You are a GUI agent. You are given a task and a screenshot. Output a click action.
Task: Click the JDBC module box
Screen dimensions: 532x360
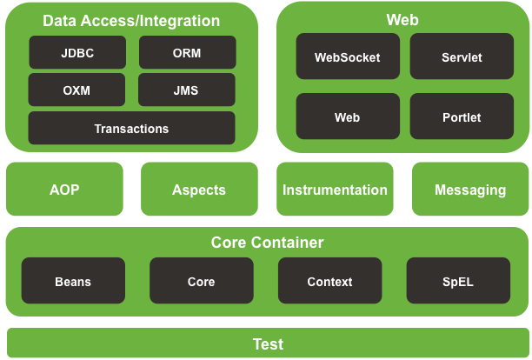coord(77,52)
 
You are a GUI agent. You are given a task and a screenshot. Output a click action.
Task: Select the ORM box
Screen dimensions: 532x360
coord(187,52)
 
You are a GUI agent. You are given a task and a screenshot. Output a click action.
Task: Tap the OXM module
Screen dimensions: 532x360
coord(76,90)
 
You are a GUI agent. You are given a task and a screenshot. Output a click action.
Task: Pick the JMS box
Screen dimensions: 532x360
coord(187,90)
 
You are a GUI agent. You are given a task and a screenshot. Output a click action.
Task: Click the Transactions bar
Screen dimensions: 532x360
coord(131,128)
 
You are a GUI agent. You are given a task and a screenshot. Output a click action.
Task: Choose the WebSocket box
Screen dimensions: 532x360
coord(348,57)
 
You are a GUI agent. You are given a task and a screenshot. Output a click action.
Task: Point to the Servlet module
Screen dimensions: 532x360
coord(462,57)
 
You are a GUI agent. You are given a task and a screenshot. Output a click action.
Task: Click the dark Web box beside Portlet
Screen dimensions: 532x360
coord(348,116)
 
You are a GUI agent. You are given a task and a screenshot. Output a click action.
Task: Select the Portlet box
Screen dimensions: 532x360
coord(462,116)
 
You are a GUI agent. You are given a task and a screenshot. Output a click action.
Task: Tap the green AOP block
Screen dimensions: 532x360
coord(64,189)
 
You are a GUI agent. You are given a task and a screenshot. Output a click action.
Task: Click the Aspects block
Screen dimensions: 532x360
coord(199,189)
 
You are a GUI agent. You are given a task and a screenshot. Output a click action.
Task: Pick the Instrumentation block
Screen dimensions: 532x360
coord(335,189)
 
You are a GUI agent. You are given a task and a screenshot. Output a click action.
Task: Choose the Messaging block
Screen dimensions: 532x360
coord(470,189)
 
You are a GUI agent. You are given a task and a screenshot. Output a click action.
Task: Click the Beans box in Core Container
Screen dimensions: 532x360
coord(73,281)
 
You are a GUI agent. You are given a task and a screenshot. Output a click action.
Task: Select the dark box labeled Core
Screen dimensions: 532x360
coord(202,281)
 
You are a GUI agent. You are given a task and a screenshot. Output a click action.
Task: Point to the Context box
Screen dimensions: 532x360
coord(330,281)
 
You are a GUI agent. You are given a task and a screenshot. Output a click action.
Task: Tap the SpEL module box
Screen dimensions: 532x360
coord(458,281)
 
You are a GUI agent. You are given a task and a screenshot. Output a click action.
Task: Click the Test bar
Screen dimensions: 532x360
coord(268,343)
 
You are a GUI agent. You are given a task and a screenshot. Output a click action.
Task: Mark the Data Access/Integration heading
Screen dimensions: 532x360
coord(131,21)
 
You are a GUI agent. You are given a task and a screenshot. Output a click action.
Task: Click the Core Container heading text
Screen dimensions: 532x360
coord(268,243)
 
